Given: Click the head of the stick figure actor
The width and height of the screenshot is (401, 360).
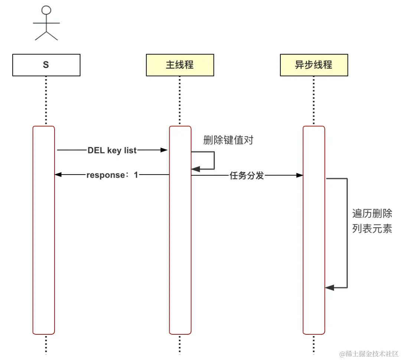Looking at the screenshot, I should click(x=46, y=10).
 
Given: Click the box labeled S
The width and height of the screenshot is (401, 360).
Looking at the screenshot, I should click(x=46, y=65).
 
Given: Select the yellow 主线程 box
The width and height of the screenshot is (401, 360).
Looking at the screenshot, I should click(x=180, y=65).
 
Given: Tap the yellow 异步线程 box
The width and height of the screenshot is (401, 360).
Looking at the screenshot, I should click(x=314, y=65).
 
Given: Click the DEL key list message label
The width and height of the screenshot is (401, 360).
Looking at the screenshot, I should click(x=112, y=150).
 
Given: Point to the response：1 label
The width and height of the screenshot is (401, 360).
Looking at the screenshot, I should click(x=112, y=175).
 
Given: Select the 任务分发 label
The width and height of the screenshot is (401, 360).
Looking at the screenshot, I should click(x=247, y=176).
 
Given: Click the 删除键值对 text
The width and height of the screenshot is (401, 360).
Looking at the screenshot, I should click(x=228, y=140).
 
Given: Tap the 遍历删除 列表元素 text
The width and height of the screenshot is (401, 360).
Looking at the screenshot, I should click(x=372, y=221).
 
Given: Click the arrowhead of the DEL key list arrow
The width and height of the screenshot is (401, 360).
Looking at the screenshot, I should click(x=164, y=150).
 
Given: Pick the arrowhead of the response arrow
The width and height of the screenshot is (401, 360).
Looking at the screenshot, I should click(x=58, y=175).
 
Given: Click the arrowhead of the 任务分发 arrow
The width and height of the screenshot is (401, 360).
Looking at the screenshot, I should click(x=299, y=175).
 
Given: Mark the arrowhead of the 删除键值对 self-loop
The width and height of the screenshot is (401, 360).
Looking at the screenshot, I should click(x=195, y=169).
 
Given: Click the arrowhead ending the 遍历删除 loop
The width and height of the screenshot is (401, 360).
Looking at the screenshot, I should click(x=329, y=288).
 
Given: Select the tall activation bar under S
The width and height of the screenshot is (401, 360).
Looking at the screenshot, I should click(x=44, y=230).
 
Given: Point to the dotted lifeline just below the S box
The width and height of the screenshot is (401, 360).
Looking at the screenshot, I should click(x=46, y=100).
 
